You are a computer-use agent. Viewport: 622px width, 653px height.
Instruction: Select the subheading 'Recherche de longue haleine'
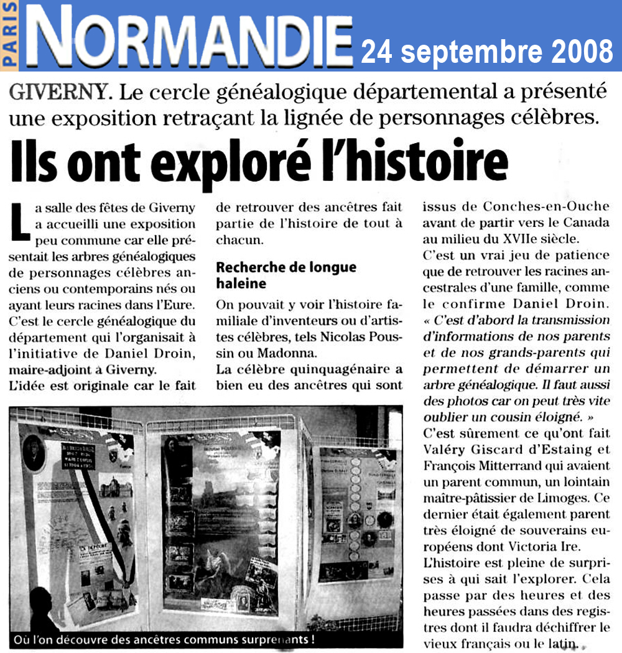tap(286, 274)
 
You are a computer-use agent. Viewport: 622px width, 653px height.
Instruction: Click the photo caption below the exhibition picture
tap(162, 640)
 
